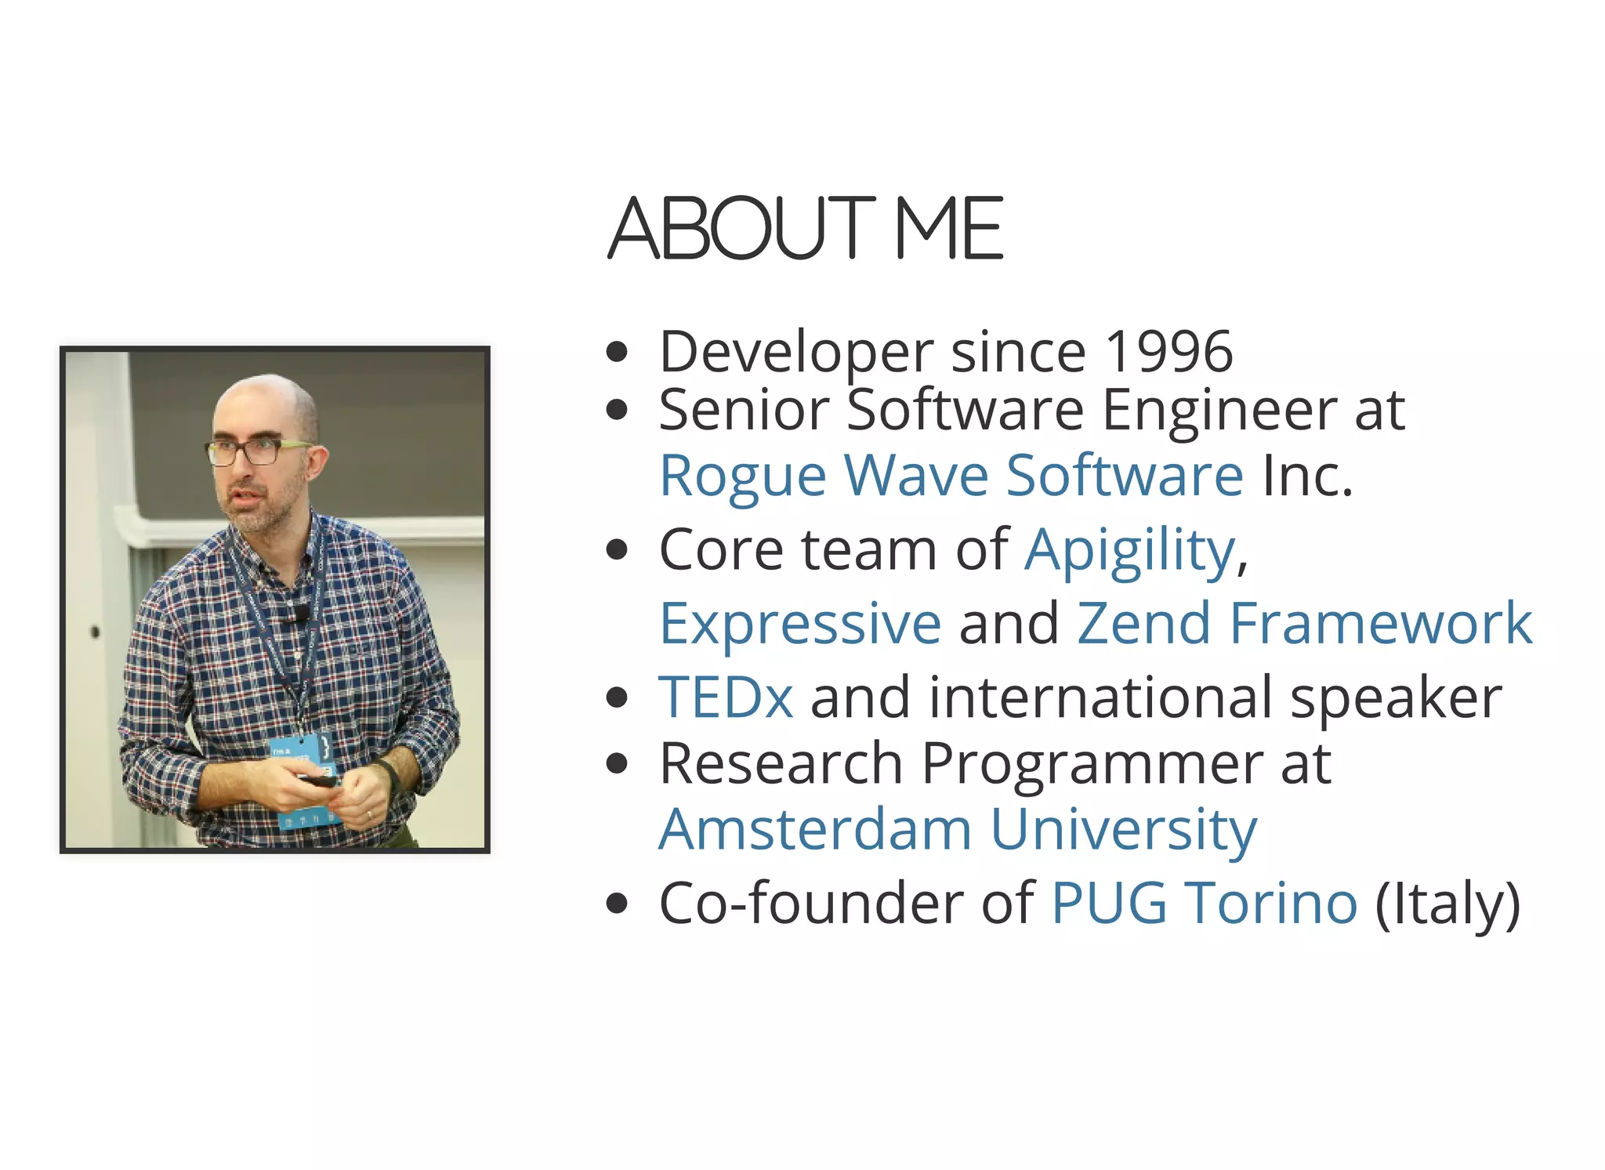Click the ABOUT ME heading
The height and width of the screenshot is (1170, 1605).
(x=805, y=228)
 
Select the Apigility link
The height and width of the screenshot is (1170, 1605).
(x=1131, y=549)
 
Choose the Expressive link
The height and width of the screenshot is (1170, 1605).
(x=800, y=623)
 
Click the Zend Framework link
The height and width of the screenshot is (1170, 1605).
(x=1304, y=623)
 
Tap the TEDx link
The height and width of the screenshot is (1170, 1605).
(x=726, y=697)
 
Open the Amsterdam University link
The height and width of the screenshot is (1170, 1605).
(x=958, y=829)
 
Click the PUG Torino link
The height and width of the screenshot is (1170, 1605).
(x=1204, y=903)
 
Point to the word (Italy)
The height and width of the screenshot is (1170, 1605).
(x=1447, y=903)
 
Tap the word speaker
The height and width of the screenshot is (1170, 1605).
(x=1396, y=697)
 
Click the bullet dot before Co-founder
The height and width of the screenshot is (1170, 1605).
(x=618, y=904)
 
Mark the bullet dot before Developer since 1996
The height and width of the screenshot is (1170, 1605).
(x=618, y=352)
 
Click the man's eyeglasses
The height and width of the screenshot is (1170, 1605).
(x=251, y=451)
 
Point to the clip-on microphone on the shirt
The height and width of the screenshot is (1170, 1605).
(x=301, y=613)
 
